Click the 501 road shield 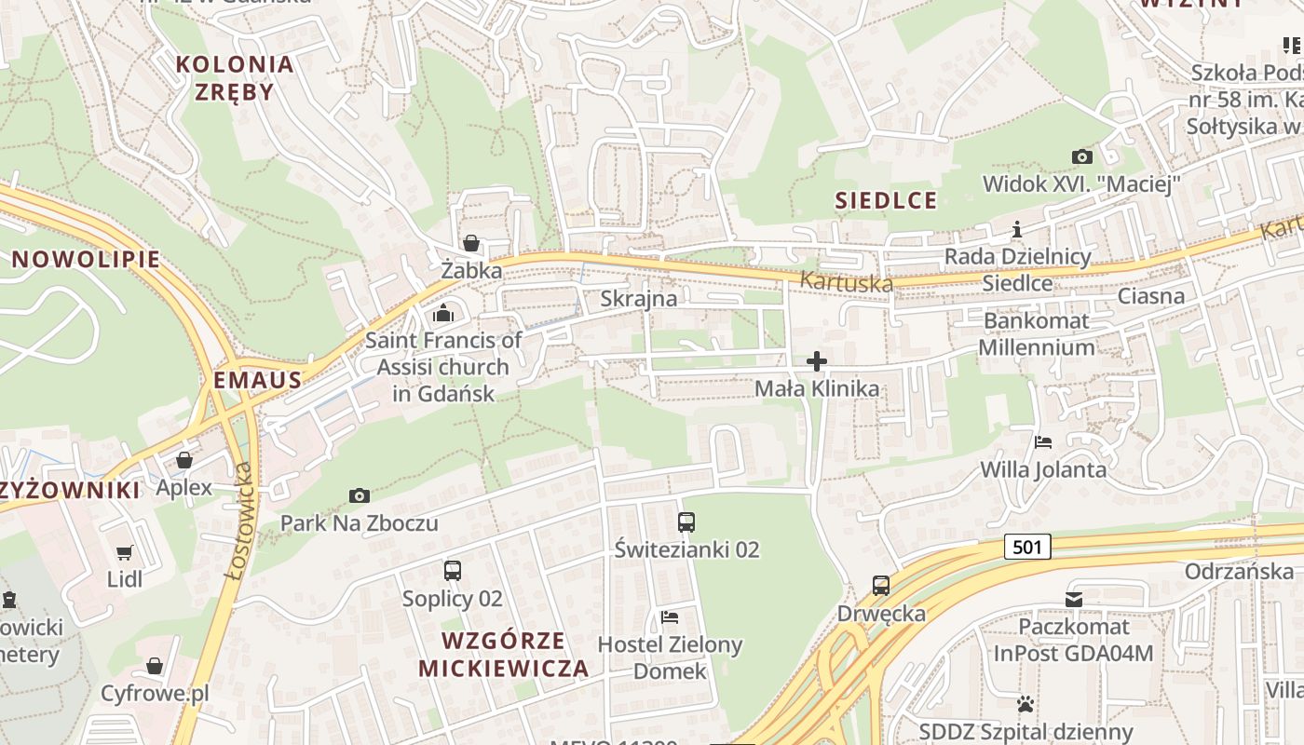click(1027, 547)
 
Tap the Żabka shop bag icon click(471, 244)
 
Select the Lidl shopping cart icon click(124, 552)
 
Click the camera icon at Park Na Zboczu click(359, 495)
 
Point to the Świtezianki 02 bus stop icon click(686, 522)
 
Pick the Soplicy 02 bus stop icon click(453, 571)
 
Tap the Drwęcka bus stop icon click(881, 586)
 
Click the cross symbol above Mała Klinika click(817, 361)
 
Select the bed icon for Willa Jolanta click(1043, 442)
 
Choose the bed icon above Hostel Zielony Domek click(670, 616)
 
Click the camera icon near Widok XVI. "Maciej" click(1081, 156)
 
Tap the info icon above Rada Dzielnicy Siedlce click(1017, 229)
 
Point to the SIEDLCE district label click(885, 200)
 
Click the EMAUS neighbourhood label click(258, 380)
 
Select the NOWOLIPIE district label click(87, 260)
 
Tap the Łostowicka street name click(239, 521)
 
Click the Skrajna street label click(639, 300)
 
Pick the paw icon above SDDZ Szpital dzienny click(1026, 704)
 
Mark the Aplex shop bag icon click(184, 460)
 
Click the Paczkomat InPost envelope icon click(1074, 599)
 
